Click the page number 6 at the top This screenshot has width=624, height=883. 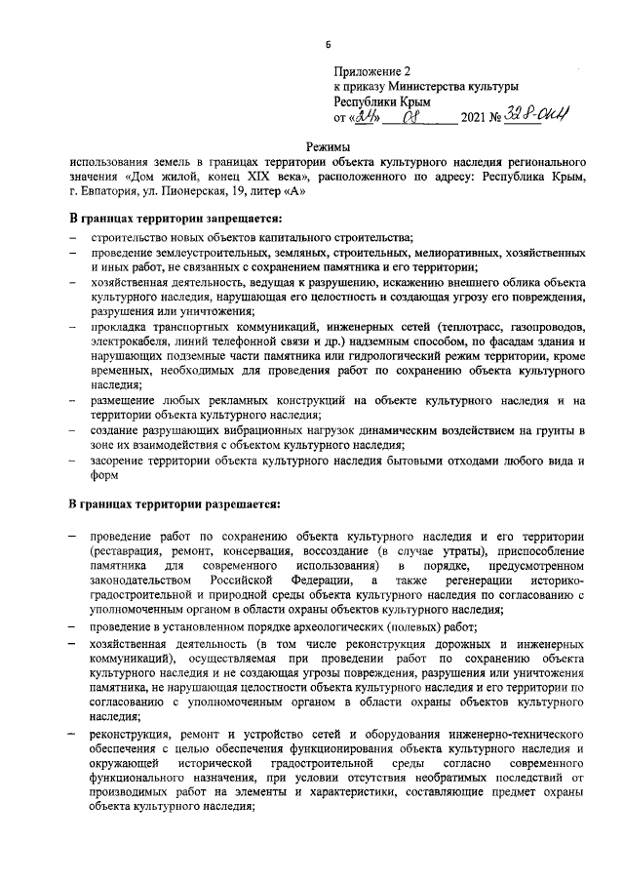click(329, 45)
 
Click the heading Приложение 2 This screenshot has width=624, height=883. click(374, 71)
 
